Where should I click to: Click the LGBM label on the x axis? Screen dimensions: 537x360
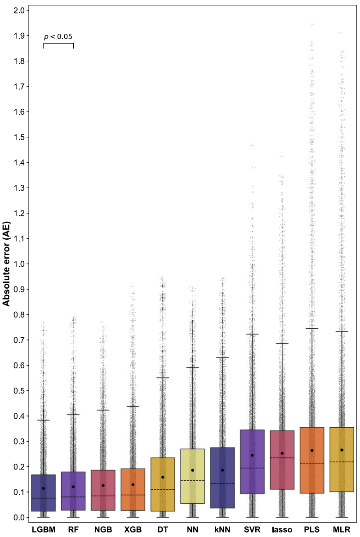(44, 530)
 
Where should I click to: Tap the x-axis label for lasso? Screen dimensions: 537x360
(282, 530)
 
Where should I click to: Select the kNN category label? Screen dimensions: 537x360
(222, 530)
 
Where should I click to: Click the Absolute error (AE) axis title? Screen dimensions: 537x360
(7, 264)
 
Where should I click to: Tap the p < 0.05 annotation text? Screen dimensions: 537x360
(58, 36)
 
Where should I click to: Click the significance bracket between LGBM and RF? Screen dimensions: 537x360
(58, 44)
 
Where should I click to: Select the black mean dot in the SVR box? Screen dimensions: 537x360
(252, 455)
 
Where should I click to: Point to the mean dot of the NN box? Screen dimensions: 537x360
(192, 470)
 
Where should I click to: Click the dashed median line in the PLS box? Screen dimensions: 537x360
(312, 463)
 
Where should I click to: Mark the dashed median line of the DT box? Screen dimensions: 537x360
(163, 489)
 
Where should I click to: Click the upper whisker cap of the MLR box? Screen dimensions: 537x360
(342, 331)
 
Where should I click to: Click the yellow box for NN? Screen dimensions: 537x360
(192, 495)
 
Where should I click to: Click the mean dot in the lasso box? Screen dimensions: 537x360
(282, 453)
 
